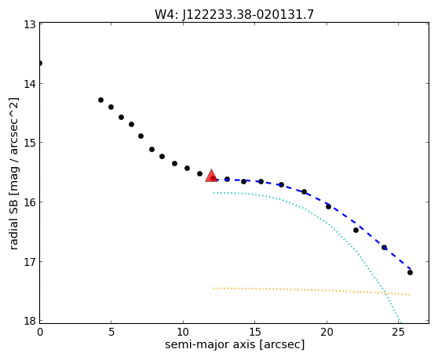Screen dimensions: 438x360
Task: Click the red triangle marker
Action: tap(211, 176)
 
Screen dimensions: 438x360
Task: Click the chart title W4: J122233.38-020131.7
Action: tap(235, 15)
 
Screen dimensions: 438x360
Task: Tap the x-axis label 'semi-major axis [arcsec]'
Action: tap(235, 344)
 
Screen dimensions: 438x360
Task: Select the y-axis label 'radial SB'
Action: tap(13, 223)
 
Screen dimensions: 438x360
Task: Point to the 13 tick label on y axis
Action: tap(30, 24)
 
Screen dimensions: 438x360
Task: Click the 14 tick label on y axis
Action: tap(30, 84)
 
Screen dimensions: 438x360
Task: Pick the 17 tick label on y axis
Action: tap(30, 262)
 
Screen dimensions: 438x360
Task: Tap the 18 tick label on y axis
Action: tap(30, 321)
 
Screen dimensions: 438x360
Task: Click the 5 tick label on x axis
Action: tap(111, 332)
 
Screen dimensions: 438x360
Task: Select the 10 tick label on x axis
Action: tap(183, 332)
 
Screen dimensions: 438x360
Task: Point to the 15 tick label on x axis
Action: tap(255, 332)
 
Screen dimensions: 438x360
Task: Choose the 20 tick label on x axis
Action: tap(327, 332)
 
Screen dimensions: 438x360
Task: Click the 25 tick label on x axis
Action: tap(398, 332)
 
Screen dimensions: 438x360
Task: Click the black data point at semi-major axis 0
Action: tap(40, 63)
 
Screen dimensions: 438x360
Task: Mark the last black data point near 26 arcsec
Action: tap(410, 272)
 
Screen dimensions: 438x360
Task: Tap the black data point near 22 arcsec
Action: tap(356, 230)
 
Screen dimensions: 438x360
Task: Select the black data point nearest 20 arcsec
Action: tap(328, 206)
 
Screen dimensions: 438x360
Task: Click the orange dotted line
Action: tap(312, 290)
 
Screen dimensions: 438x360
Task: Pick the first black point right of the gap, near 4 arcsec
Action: tap(100, 100)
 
